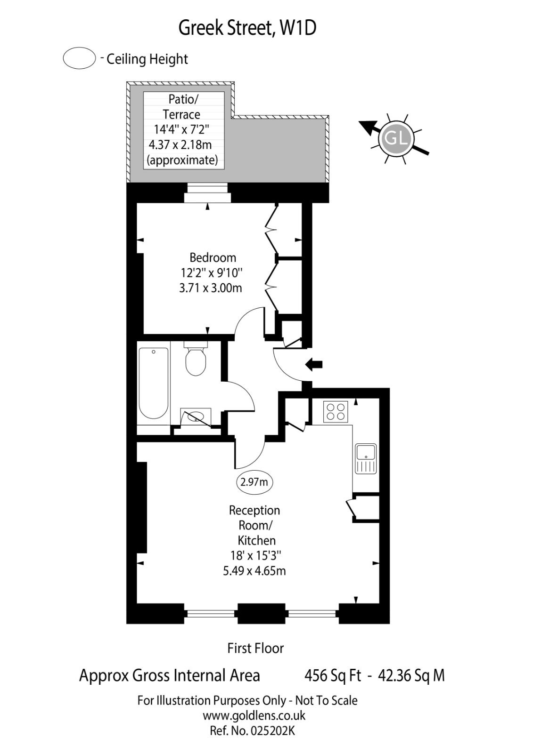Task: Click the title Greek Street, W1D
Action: coord(247,28)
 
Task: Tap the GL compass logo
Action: coord(396,139)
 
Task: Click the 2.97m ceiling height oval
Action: coord(254,482)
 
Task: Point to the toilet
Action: coord(195,361)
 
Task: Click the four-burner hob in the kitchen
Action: coord(335,411)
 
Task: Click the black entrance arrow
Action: coord(314,364)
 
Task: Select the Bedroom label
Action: coord(213,257)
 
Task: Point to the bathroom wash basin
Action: coord(196,417)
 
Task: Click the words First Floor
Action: coord(255,649)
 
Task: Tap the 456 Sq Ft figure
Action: coord(333,676)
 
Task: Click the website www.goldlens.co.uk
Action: coord(254,715)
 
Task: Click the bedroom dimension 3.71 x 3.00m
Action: coord(211,288)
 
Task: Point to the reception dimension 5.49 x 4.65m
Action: coord(254,571)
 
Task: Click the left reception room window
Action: coord(211,614)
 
